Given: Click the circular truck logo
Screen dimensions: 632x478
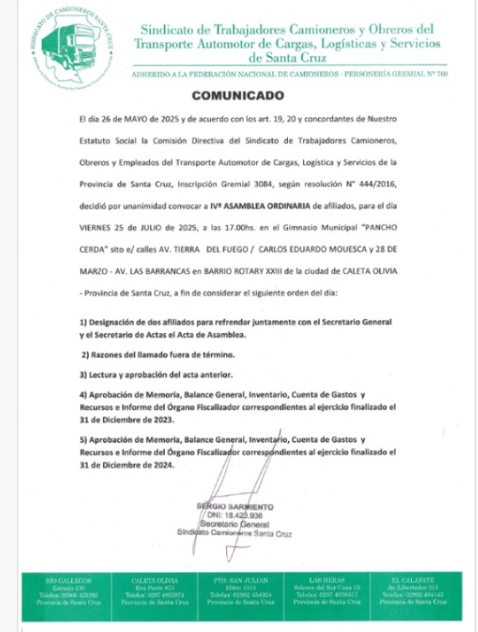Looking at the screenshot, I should coord(68,44).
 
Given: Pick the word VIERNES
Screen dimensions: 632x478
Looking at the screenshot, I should coord(96,229).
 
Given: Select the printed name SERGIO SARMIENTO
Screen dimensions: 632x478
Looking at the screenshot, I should coord(234,507).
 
